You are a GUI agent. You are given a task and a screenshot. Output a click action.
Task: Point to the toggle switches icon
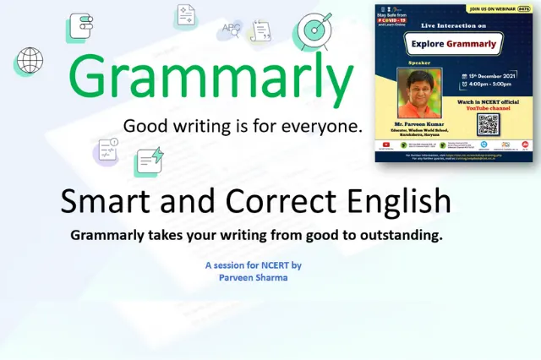coord(79,28)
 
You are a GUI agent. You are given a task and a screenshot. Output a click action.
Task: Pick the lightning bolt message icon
coord(148,161)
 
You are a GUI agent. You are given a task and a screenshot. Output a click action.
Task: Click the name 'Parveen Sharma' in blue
coord(253,276)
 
